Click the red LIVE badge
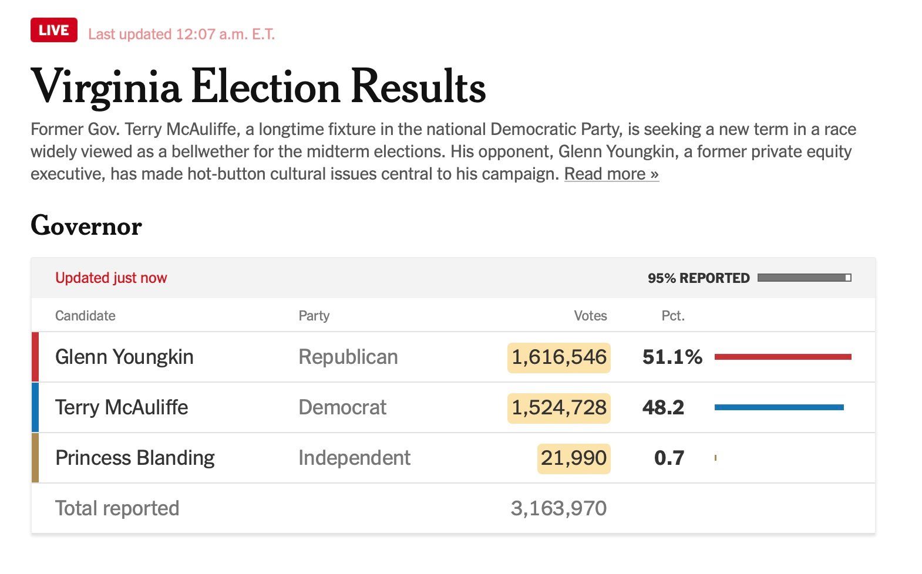tap(54, 31)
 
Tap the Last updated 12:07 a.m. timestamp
tap(181, 34)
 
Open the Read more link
tap(611, 174)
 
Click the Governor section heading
tap(86, 226)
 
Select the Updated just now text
tap(111, 278)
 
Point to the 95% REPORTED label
tap(698, 278)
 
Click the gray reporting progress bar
tap(804, 278)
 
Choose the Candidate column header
tap(85, 316)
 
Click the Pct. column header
tap(673, 316)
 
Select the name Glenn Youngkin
tap(124, 357)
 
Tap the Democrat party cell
tap(342, 407)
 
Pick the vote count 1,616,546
tap(559, 357)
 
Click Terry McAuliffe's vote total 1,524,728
tap(559, 408)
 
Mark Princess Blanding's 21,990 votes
tap(574, 458)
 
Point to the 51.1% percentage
tap(672, 357)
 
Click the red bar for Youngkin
tap(783, 357)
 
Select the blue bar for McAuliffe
tap(779, 407)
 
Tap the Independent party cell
tap(354, 458)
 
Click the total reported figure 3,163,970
tap(558, 508)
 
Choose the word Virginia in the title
tap(106, 87)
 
